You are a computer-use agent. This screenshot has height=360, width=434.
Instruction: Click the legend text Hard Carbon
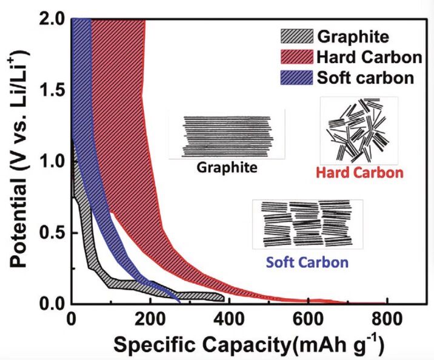(369, 58)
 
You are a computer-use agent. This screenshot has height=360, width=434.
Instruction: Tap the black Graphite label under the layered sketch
(226, 167)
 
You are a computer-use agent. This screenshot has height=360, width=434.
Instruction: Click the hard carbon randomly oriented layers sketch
(359, 130)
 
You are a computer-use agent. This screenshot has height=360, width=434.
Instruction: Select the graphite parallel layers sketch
(226, 136)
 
